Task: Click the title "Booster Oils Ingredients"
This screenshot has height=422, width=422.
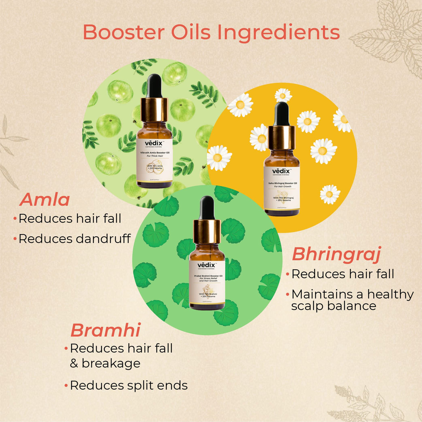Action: (211, 32)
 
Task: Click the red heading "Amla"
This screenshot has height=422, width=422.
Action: (45, 200)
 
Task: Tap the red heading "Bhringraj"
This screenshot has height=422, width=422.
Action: (336, 255)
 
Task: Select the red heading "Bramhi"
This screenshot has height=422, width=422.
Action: (105, 330)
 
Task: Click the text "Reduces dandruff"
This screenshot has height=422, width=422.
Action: (75, 239)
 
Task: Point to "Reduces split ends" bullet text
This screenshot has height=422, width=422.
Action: (129, 385)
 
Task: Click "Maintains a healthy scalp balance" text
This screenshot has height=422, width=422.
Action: (352, 300)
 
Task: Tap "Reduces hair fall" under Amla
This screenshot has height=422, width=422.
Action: (70, 219)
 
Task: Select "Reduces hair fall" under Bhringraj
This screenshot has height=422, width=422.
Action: (343, 274)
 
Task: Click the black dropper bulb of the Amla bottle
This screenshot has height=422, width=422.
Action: (154, 86)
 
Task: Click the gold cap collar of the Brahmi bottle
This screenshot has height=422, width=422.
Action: (207, 231)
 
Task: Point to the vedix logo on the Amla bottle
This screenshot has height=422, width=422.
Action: (154, 143)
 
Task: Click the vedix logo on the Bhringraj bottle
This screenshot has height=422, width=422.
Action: (281, 171)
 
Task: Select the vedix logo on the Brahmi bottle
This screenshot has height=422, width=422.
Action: (207, 265)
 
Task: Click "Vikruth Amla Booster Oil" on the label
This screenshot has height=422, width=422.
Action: (155, 153)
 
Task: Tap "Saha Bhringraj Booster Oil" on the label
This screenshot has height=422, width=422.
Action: (282, 183)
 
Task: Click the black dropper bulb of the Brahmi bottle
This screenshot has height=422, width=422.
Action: (207, 208)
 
